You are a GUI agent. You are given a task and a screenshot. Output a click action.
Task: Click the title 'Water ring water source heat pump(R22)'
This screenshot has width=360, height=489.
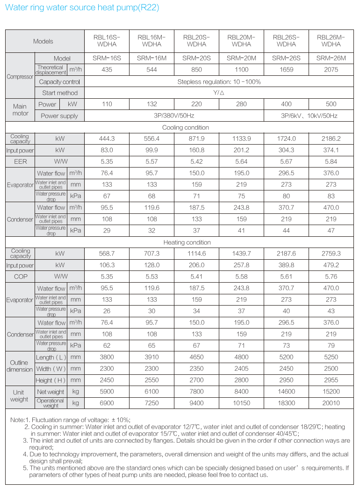(x=82, y=8)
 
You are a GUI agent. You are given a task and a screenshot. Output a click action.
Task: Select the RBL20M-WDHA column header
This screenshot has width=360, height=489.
(x=241, y=41)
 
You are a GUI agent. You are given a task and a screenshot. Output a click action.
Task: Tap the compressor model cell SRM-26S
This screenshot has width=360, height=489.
(x=286, y=58)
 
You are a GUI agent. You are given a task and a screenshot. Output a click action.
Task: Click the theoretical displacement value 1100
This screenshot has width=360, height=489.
(x=241, y=70)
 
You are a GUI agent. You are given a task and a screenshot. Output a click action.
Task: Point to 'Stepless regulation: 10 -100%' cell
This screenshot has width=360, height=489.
(x=219, y=81)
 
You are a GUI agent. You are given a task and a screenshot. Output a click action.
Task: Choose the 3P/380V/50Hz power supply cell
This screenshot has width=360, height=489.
(x=174, y=116)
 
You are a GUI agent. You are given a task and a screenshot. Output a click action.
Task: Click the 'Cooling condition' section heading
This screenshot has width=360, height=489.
(x=186, y=127)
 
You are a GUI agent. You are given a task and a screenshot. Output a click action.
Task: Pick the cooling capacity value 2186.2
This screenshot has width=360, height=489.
(x=331, y=139)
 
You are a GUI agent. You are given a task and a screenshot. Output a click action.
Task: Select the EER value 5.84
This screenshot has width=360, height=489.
(x=331, y=161)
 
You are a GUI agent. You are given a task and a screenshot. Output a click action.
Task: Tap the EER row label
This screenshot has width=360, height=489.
(x=20, y=161)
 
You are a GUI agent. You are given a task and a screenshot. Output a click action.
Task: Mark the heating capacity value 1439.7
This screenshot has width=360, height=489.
(x=241, y=254)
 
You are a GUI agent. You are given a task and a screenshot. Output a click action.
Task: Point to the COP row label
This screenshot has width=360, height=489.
(x=20, y=277)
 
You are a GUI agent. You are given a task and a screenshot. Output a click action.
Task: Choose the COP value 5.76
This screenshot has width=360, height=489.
(x=331, y=277)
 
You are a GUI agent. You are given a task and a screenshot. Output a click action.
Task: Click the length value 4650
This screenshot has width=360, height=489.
(x=196, y=357)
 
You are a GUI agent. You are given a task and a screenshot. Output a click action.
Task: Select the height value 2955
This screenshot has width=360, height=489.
(x=331, y=380)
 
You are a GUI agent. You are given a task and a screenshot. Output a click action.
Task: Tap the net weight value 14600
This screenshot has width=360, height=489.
(x=286, y=392)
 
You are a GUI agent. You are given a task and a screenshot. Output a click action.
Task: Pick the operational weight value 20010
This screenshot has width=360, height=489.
(x=331, y=403)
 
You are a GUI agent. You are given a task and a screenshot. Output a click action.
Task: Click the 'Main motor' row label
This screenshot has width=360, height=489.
(x=20, y=110)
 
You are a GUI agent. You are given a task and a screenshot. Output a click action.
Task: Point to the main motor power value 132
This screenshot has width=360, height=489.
(x=151, y=104)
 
